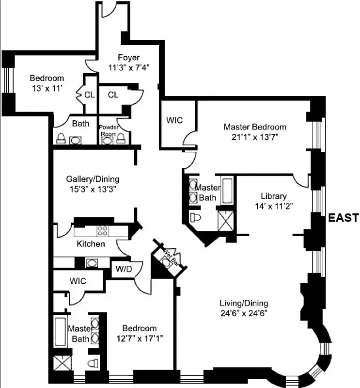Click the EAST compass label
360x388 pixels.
tap(344, 218)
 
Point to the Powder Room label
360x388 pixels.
tap(109, 129)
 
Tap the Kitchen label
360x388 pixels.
tap(91, 243)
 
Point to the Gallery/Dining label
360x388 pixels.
tap(93, 178)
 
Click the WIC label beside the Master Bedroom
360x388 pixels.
tap(174, 119)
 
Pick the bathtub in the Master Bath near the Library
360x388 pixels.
tap(227, 192)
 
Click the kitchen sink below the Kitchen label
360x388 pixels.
tap(91, 263)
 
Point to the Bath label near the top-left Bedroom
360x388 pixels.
tap(80, 123)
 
